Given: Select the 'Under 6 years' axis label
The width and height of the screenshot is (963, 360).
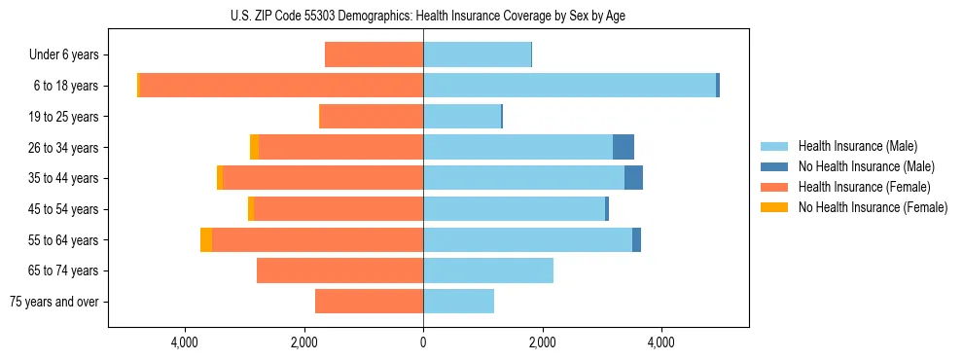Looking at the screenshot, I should (x=70, y=55).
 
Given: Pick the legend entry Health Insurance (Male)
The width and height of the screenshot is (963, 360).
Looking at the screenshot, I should (x=857, y=146).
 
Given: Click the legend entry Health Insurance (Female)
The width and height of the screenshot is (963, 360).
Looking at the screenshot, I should (x=864, y=187).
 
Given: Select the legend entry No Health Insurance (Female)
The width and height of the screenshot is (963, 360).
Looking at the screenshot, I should (x=873, y=207).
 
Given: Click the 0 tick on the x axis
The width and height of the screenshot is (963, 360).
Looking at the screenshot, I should (x=423, y=342).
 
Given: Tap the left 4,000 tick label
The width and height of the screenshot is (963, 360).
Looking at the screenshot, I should (x=184, y=342).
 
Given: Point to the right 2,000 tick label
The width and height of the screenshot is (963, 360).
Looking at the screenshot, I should (x=542, y=342).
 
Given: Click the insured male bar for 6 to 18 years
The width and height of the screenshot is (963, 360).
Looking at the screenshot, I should (x=569, y=86).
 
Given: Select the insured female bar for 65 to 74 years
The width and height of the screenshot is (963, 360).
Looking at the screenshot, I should (x=339, y=270).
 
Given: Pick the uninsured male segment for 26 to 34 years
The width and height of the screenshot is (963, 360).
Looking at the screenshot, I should (x=624, y=147).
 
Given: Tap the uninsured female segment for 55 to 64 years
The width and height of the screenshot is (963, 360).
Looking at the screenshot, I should (x=206, y=239).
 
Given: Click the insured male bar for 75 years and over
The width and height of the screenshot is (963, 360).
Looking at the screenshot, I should (x=458, y=302).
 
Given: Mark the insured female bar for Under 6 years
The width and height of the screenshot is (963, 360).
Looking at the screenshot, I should (x=374, y=55).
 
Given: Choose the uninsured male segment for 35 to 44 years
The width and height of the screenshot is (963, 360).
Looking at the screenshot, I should (x=633, y=178).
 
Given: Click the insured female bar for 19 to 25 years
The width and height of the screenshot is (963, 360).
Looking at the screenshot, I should (x=371, y=117).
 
